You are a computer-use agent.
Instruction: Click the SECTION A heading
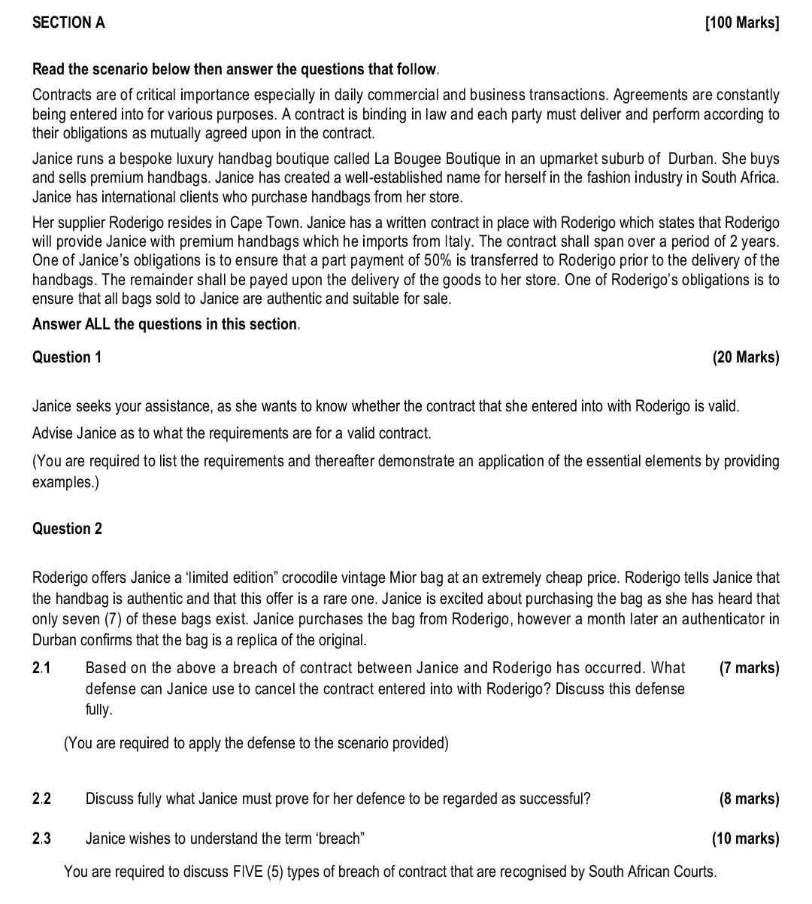(x=68, y=23)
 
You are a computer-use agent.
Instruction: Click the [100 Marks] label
(x=742, y=23)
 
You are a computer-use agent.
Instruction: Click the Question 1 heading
(x=66, y=357)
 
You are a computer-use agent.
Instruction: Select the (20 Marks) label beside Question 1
(x=745, y=357)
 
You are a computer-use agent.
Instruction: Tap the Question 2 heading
(x=67, y=529)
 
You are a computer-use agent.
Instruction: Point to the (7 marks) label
(x=749, y=668)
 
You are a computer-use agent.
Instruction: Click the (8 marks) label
(x=749, y=799)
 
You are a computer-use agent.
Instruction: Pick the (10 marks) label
(x=745, y=839)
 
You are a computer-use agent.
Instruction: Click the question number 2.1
(x=41, y=668)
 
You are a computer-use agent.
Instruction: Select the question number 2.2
(x=41, y=799)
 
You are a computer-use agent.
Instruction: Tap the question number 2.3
(x=41, y=839)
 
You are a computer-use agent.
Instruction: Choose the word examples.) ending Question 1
(x=65, y=482)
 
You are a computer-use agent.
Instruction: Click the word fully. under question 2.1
(x=98, y=709)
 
